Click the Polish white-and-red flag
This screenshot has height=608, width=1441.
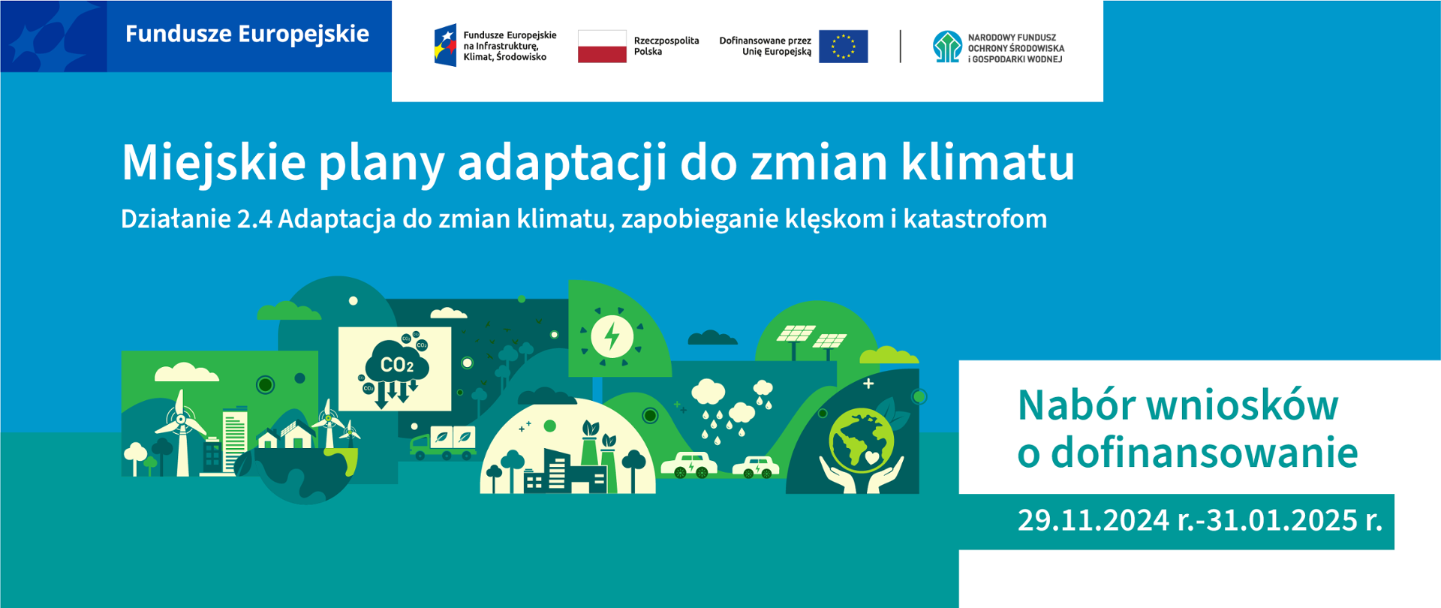click(x=602, y=47)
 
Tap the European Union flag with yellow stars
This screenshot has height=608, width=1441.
click(x=843, y=47)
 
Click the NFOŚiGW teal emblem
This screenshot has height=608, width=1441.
click(x=947, y=47)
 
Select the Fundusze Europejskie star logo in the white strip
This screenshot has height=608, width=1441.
click(x=446, y=45)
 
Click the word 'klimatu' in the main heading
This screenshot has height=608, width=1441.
click(x=988, y=162)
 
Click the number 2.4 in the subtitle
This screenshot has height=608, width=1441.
click(x=254, y=219)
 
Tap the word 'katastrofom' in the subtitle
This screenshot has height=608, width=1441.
click(x=975, y=219)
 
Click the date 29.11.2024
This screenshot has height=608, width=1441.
click(x=1093, y=520)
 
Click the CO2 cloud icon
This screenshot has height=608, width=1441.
click(x=395, y=369)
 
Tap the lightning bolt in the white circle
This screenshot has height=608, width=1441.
click(x=612, y=336)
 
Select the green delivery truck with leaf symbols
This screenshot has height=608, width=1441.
click(x=443, y=443)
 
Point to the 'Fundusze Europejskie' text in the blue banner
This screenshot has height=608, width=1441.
click(x=247, y=34)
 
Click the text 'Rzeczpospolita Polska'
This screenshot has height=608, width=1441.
click(x=666, y=46)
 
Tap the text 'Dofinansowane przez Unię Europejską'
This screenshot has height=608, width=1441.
click(x=766, y=46)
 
